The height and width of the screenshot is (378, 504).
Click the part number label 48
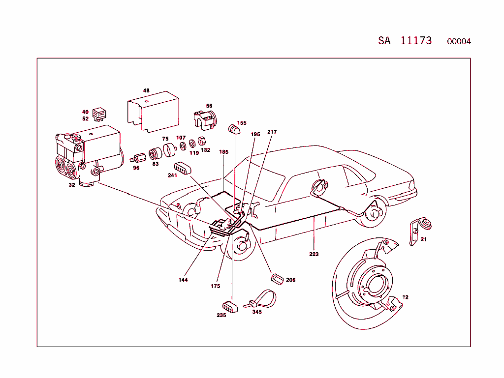tap(146, 90)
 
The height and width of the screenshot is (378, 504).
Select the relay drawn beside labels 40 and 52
tap(99, 114)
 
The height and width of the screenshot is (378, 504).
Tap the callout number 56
tap(209, 106)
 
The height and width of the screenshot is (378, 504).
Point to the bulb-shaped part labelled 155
tap(234, 130)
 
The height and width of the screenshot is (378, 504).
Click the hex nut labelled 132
tap(201, 141)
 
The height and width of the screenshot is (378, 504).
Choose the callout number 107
tap(181, 138)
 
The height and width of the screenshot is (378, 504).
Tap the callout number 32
tap(72, 185)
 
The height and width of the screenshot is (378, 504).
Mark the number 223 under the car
tap(314, 254)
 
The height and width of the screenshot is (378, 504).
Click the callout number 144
tap(183, 280)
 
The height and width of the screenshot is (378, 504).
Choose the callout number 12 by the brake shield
tap(405, 297)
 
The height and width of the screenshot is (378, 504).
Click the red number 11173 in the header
tap(416, 40)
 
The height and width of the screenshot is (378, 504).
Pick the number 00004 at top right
tap(459, 41)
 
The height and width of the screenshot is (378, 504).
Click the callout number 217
tap(272, 132)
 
